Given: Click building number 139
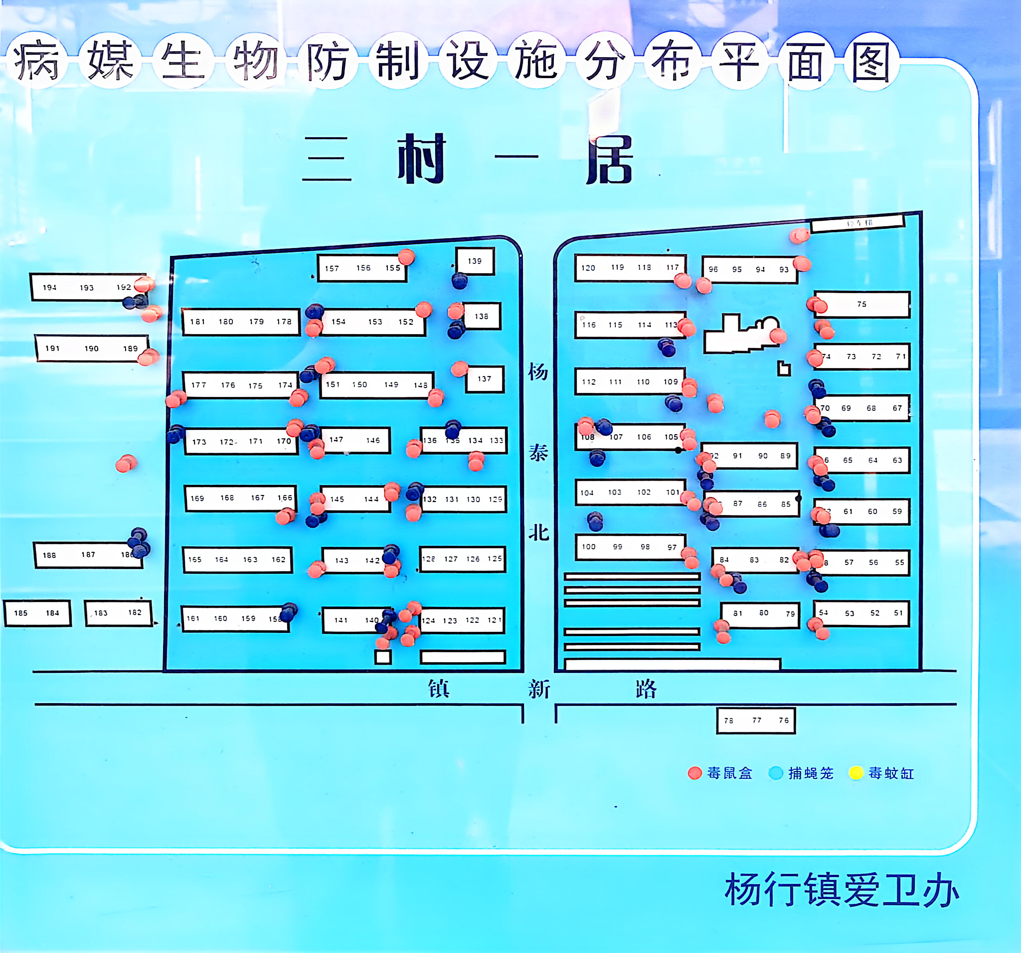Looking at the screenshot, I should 475,261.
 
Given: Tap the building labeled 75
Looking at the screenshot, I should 861,304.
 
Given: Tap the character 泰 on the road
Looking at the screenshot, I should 538,452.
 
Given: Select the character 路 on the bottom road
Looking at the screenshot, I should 646,689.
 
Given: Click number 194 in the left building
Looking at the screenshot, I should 49,288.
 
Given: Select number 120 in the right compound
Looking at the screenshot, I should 588,268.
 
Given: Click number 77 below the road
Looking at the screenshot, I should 757,720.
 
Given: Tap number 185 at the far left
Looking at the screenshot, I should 21,613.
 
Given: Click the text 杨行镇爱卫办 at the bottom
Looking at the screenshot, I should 841,890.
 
